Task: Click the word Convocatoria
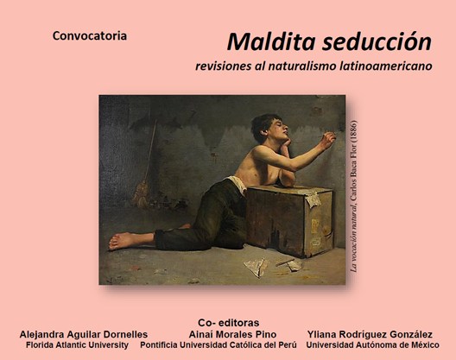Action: point(90,36)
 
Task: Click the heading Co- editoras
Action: point(228,321)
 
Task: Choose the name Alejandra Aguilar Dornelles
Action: point(83,333)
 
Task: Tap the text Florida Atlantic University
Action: point(77,344)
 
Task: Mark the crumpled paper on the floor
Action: point(258,267)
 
